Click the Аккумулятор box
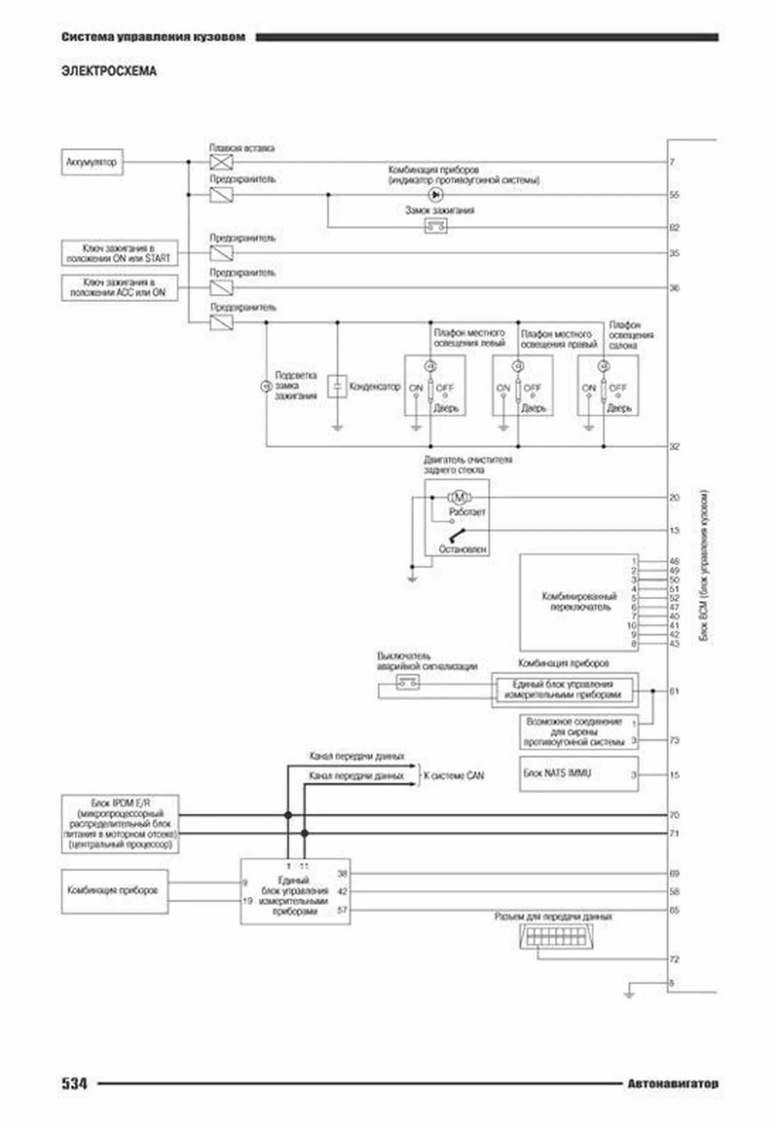[92, 162]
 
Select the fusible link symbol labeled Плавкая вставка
[221, 162]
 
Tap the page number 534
[74, 1083]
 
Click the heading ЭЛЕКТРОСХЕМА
[109, 71]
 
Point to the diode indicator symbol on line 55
[436, 195]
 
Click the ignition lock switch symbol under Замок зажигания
[436, 226]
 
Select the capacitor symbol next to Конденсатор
[337, 386]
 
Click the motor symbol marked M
[460, 497]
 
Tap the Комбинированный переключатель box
[578, 602]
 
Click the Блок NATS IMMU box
[578, 773]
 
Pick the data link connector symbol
[557, 937]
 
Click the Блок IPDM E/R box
[120, 824]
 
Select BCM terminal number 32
[675, 446]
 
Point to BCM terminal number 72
[675, 959]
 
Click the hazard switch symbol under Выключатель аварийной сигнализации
[408, 682]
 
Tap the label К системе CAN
[454, 775]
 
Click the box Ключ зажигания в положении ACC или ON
[119, 288]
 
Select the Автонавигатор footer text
[672, 1083]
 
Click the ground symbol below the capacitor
[337, 428]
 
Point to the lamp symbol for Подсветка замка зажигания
[266, 386]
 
